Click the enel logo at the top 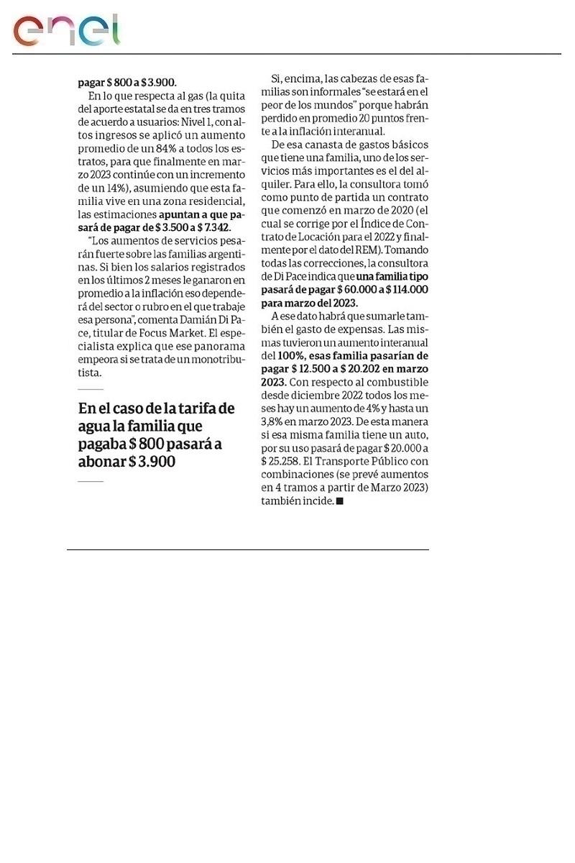pos(66,29)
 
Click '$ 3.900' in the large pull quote pos(152,462)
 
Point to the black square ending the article pos(340,501)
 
